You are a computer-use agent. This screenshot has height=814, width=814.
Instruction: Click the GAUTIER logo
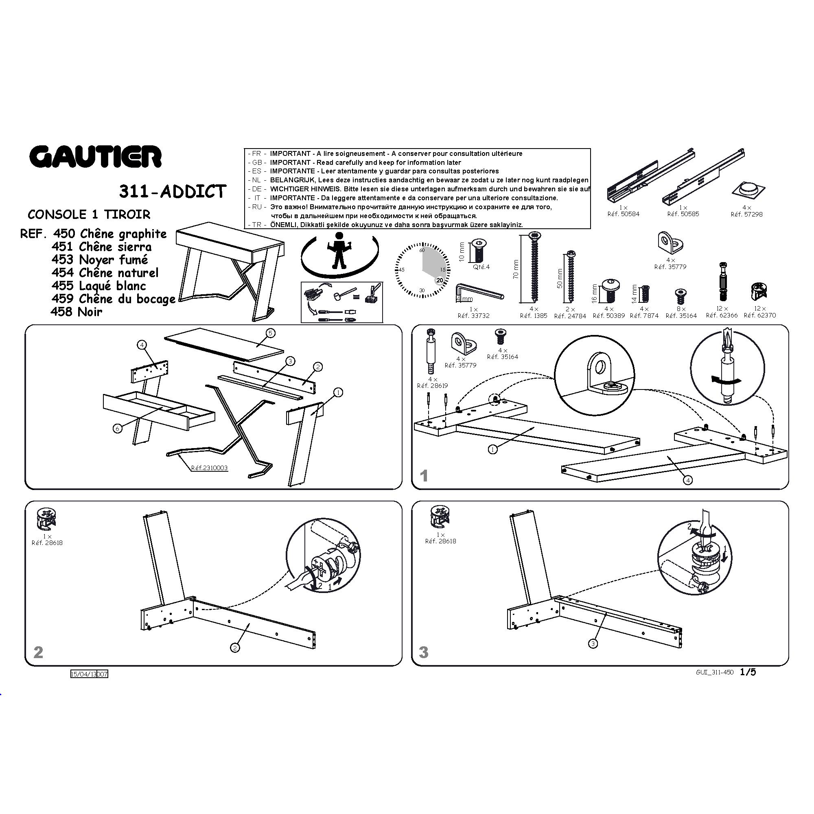pyautogui.click(x=95, y=157)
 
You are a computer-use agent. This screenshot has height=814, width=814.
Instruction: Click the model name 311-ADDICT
pyautogui.click(x=173, y=192)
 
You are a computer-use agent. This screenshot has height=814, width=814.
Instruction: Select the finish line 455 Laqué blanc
pyautogui.click(x=98, y=286)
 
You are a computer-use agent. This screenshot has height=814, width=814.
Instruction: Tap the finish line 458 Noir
pyautogui.click(x=76, y=312)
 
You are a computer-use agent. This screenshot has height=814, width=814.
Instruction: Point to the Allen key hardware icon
pyautogui.click(x=479, y=291)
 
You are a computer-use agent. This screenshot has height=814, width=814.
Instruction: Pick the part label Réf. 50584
pyautogui.click(x=623, y=214)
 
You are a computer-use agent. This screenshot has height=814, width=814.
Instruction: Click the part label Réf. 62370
pyautogui.click(x=759, y=315)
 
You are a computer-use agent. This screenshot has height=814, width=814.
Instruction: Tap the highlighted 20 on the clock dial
pyautogui.click(x=440, y=280)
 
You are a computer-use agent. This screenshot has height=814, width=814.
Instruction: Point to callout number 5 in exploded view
pyautogui.click(x=271, y=333)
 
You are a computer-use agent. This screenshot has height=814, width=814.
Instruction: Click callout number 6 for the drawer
pyautogui.click(x=118, y=429)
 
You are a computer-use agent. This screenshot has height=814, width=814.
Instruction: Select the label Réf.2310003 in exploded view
pyautogui.click(x=209, y=468)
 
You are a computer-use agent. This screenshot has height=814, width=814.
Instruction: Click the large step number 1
pyautogui.click(x=424, y=476)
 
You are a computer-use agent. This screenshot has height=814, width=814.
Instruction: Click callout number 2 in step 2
pyautogui.click(x=235, y=648)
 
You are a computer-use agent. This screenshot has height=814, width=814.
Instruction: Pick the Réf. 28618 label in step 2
pyautogui.click(x=47, y=543)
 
